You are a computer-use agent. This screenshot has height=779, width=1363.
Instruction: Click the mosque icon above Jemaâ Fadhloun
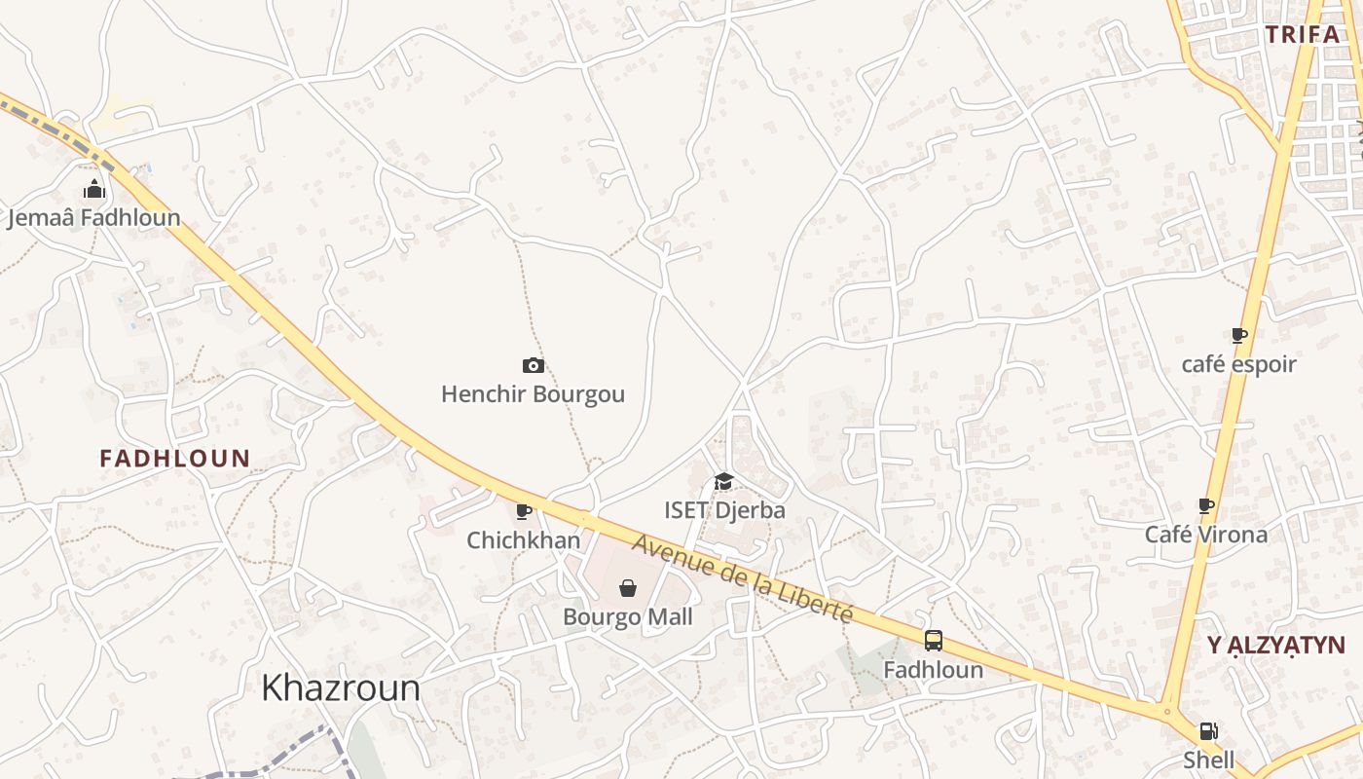click(x=93, y=188)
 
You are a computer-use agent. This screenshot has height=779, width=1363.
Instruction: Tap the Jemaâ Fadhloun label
click(x=93, y=217)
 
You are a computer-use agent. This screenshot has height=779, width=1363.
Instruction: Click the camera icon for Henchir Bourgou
click(x=533, y=365)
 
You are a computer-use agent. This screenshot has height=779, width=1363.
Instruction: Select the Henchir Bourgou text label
click(x=533, y=394)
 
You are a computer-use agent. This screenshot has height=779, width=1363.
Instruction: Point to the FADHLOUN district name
click(x=175, y=458)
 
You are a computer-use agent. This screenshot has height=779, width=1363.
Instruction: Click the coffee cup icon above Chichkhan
click(x=524, y=511)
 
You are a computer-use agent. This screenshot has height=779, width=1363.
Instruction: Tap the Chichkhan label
click(x=524, y=539)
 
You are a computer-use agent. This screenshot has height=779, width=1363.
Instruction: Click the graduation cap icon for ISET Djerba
click(x=723, y=481)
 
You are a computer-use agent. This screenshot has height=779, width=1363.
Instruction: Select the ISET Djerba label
click(x=724, y=509)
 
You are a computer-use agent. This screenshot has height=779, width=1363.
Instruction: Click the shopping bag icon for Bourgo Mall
click(x=628, y=588)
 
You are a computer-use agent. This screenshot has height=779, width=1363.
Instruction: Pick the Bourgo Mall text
click(x=628, y=616)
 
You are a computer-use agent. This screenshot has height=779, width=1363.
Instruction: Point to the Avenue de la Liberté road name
click(x=743, y=579)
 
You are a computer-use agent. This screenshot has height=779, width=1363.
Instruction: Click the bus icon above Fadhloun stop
click(x=933, y=641)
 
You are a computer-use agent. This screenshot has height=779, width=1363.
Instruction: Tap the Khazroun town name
click(x=341, y=687)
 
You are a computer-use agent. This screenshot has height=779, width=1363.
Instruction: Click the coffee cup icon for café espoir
click(x=1238, y=336)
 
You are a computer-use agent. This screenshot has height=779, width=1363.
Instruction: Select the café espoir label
click(x=1238, y=364)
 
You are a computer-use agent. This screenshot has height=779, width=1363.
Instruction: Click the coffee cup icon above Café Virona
click(x=1205, y=506)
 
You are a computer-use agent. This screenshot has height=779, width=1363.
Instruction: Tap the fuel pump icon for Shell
click(x=1208, y=731)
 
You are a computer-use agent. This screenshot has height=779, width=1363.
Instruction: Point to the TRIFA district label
click(x=1304, y=35)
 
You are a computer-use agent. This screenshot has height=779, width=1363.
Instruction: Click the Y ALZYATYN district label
click(x=1275, y=645)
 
